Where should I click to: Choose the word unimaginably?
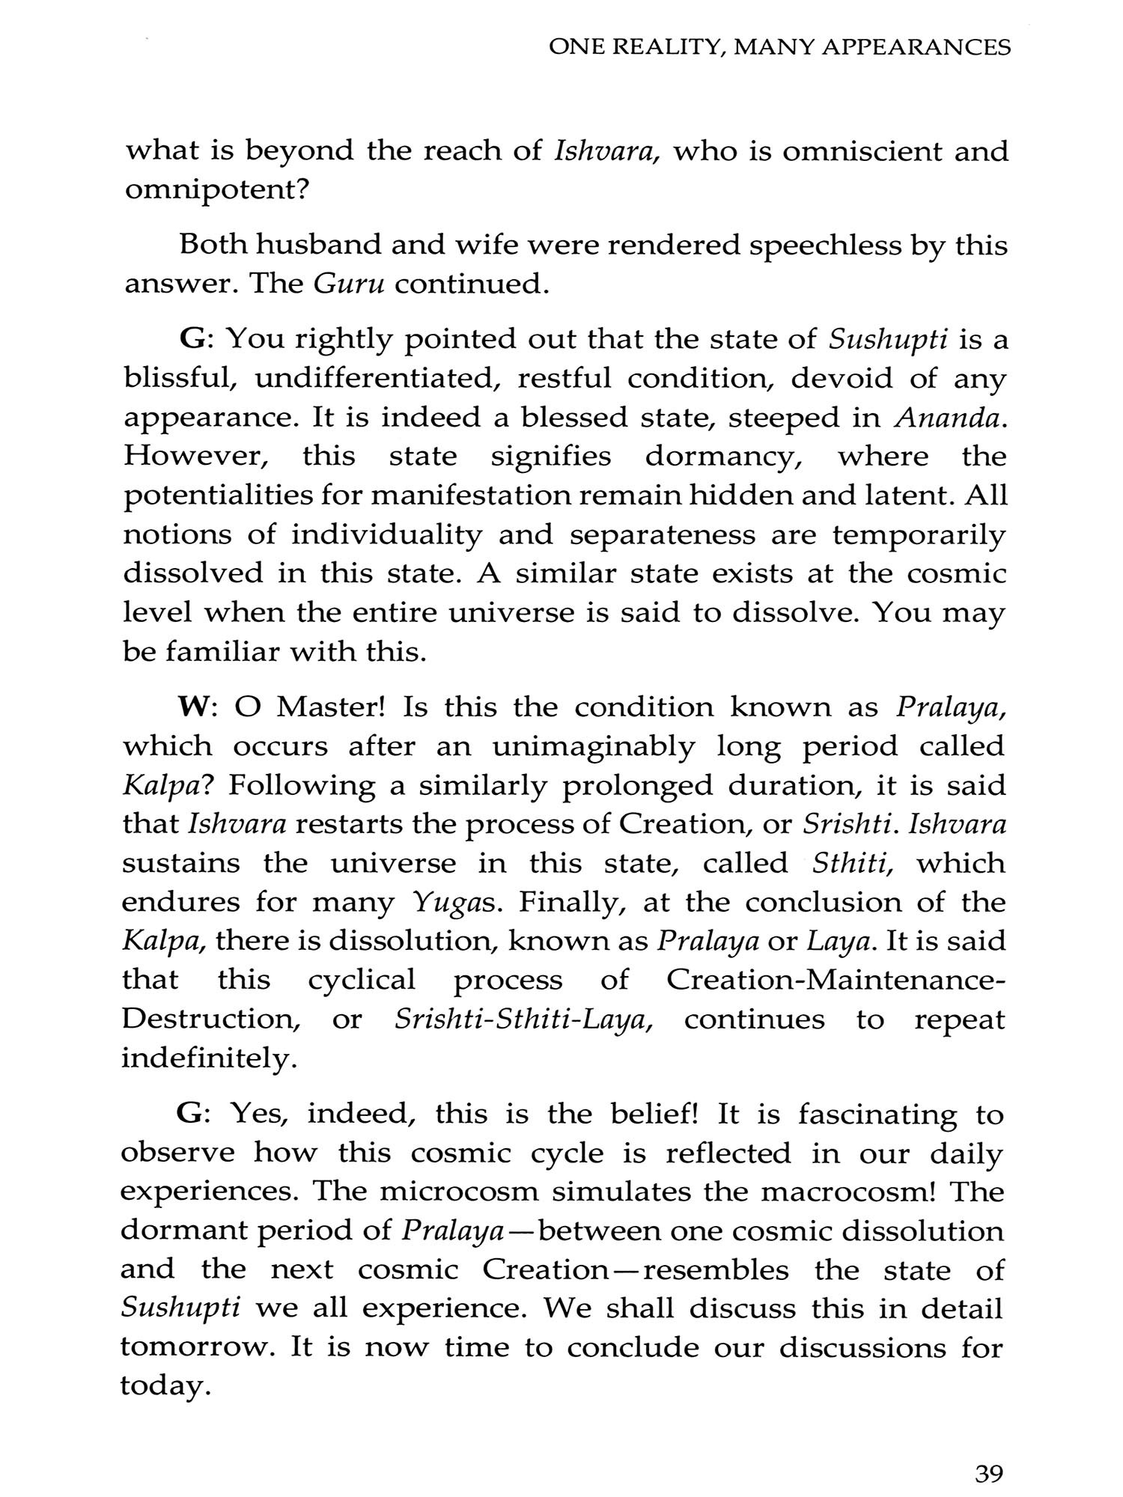[595, 747]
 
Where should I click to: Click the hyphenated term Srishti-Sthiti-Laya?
[523, 1019]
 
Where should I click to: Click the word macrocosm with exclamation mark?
[849, 1192]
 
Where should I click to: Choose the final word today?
[162, 1387]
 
